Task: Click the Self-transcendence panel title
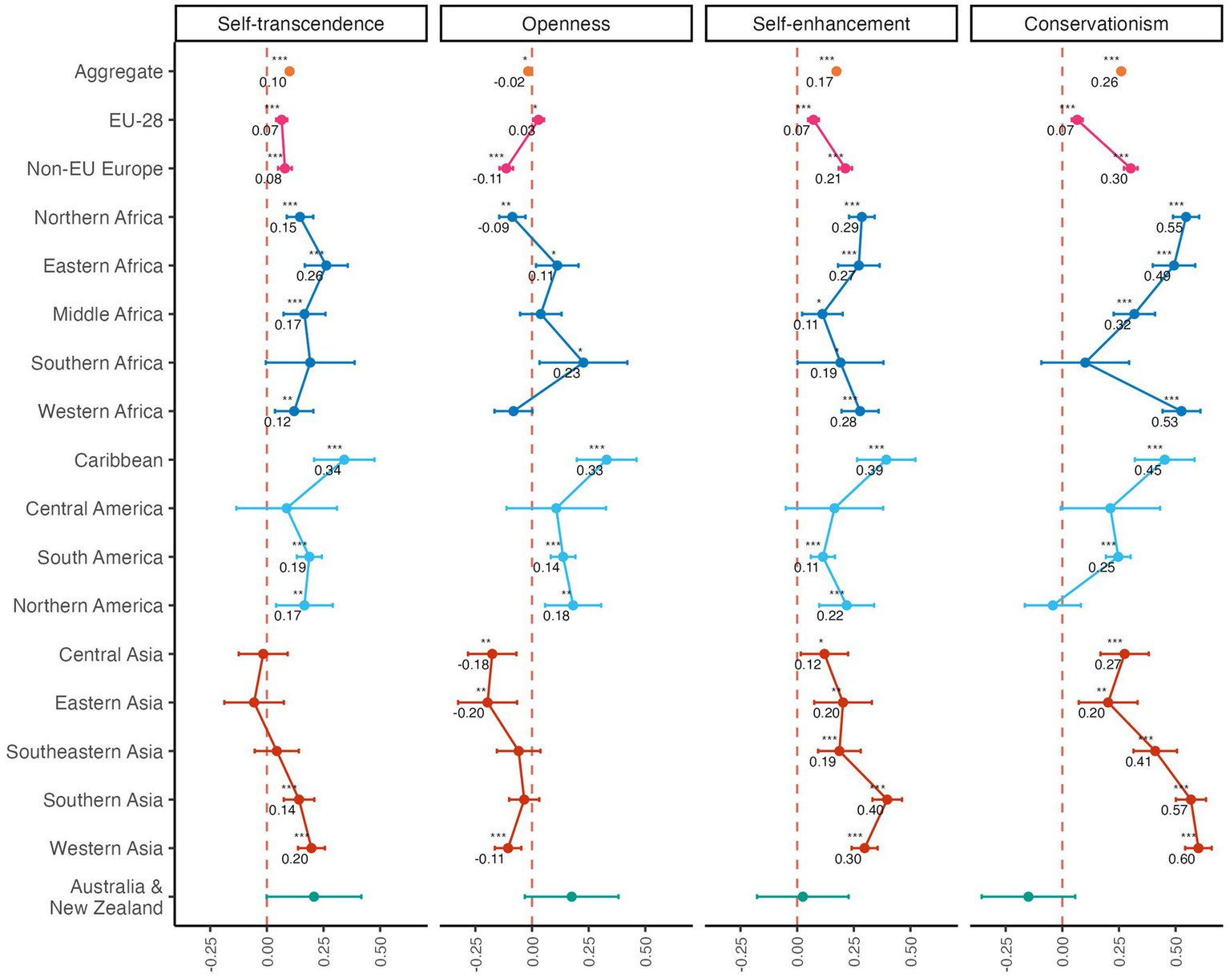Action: [300, 24]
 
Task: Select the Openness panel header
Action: [566, 24]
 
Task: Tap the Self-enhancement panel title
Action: [831, 24]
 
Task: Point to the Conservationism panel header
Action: [1096, 24]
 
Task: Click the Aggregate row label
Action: [119, 72]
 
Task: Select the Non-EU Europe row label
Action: [95, 169]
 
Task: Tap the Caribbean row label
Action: [119, 460]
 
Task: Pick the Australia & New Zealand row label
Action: [107, 897]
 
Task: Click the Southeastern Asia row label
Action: [84, 752]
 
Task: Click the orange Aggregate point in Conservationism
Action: [1121, 71]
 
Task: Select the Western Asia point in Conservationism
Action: [1198, 848]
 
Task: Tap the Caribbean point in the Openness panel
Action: [607, 459]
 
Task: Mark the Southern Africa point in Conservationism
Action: [1085, 362]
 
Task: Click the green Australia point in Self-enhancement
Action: [802, 896]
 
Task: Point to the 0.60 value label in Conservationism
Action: [1181, 859]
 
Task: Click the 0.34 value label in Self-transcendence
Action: [328, 471]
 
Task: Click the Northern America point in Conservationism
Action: [1053, 605]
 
